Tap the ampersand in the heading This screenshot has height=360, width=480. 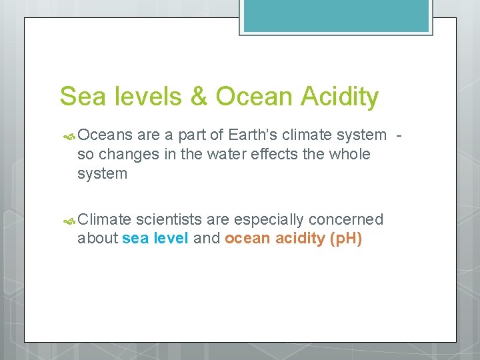[199, 97]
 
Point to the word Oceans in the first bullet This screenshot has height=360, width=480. [106, 135]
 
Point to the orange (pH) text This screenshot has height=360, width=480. [346, 239]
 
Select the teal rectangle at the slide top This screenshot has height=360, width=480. [336, 15]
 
